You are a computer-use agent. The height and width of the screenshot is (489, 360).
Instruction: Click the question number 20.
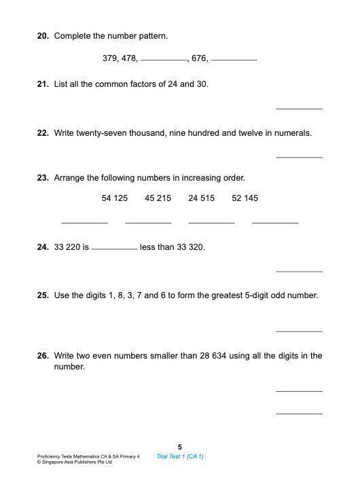[42, 35]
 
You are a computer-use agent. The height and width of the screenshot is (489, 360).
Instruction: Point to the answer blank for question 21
[300, 108]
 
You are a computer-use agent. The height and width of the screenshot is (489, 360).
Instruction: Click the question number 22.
[42, 133]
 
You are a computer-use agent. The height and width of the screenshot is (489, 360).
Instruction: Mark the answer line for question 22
[300, 157]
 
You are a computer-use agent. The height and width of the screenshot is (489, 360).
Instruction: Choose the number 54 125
[115, 198]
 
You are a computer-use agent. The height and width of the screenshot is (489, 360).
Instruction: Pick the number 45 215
[158, 198]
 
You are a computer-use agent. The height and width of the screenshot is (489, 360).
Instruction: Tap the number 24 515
[202, 198]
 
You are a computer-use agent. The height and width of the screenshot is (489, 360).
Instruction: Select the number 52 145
[245, 198]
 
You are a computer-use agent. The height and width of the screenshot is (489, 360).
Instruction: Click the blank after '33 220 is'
[114, 249]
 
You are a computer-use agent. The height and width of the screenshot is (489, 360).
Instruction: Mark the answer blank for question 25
[300, 331]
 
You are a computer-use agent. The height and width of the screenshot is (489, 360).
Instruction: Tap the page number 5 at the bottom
[180, 447]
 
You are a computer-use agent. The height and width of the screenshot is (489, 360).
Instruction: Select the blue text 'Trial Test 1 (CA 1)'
[180, 456]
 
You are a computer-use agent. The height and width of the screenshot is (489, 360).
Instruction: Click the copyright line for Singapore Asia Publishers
[75, 462]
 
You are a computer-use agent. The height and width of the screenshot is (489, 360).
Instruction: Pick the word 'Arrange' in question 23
[70, 179]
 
